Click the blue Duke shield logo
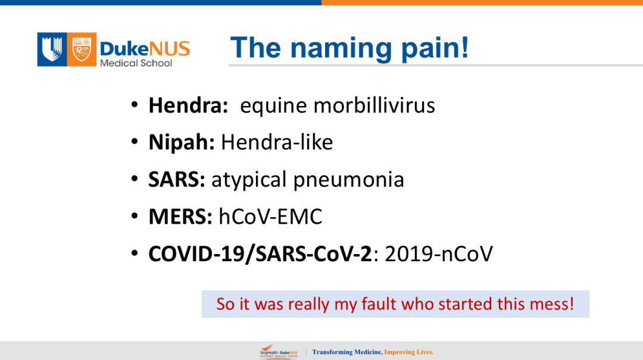pos(52,49)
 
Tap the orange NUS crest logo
pos(82,49)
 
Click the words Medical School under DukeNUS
pos(136,63)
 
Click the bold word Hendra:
pos(188,105)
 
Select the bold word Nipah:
pos(182,143)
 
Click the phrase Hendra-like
pos(277,142)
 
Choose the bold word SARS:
pos(177,180)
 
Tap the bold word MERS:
pos(180,217)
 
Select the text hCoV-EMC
pos(270,217)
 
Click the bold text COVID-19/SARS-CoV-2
pos(260,254)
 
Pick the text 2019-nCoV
pos(439,254)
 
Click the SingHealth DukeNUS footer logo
pos(279,352)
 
